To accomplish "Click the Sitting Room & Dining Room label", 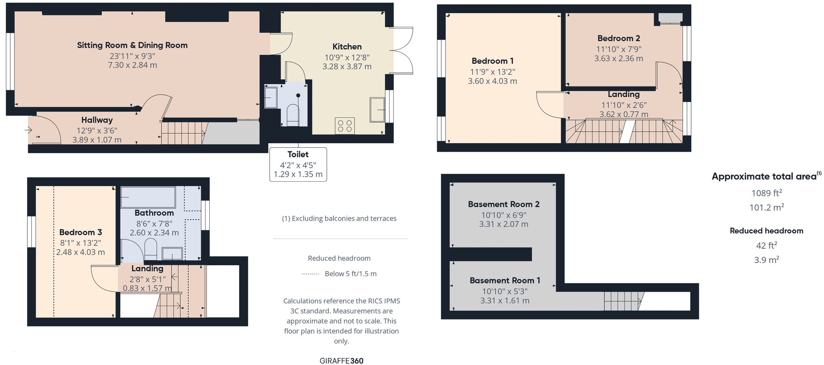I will point(132,45).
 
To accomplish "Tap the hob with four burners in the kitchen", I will point(345,126).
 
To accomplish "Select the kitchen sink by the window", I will point(377,109).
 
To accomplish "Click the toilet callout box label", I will point(298,154).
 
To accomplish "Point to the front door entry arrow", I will point(29,130).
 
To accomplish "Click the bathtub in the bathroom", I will point(148,197).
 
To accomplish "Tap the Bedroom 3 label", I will point(80,232).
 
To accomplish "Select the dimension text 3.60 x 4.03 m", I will point(492,82).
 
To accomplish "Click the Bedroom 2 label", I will point(618,38).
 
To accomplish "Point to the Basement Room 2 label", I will point(503,204).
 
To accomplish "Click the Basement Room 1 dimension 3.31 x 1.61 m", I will point(504,301).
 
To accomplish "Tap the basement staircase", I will point(623,301).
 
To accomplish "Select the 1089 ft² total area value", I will point(766,193).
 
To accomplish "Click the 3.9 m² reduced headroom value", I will point(766,260).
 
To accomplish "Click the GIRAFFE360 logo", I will point(341,360).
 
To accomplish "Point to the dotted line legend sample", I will point(310,274).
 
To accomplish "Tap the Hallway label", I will point(97,120).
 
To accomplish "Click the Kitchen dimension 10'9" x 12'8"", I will point(347,58).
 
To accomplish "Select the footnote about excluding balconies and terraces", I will point(339,219).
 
